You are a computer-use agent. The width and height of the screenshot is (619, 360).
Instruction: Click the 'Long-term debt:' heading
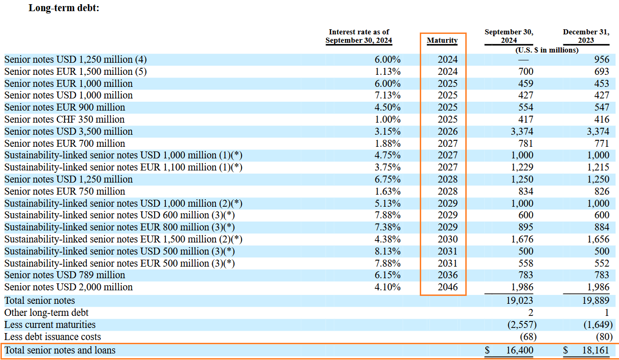64,8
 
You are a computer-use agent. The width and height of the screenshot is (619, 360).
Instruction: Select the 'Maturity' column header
442,40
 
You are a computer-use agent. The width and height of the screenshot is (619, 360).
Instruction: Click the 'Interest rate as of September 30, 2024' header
358,36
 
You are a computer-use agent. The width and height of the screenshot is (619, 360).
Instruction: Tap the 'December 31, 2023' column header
585,36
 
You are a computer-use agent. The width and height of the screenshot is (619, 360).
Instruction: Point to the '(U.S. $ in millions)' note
547,50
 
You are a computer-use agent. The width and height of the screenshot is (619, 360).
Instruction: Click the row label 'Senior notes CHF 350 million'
65,119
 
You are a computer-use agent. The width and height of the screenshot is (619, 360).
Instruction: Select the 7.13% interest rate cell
387,95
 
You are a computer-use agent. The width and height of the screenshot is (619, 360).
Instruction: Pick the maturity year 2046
447,287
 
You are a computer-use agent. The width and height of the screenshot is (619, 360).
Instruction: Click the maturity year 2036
447,275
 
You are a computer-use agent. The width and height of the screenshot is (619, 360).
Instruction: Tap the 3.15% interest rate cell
387,131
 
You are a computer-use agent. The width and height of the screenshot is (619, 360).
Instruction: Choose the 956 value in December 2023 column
601,59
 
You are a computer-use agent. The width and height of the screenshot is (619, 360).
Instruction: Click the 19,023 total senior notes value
520,301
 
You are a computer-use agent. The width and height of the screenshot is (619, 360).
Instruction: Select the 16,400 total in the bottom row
520,350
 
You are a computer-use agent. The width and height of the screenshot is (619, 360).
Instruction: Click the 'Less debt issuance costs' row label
52,336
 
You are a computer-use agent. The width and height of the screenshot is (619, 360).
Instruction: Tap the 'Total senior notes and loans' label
60,350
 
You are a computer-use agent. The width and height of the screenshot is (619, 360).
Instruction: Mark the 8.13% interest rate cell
387,251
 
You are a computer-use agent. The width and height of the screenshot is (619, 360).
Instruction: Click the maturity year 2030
447,239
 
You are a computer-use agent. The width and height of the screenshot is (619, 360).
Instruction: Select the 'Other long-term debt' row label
46,313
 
